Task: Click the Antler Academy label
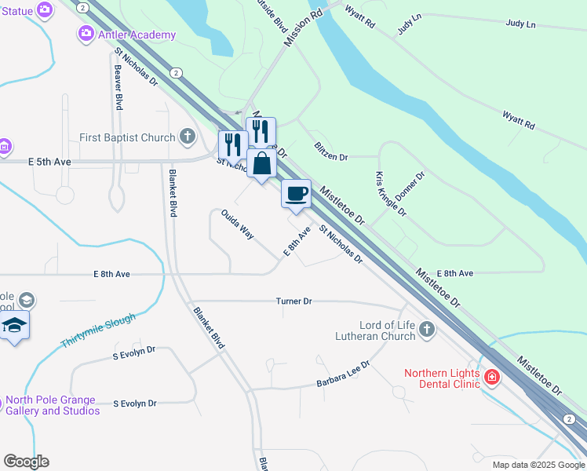pyautogui.click(x=137, y=34)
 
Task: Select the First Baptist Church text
pyautogui.click(x=127, y=137)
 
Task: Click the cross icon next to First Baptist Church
pyautogui.click(x=187, y=137)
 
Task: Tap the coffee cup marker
pyautogui.click(x=296, y=193)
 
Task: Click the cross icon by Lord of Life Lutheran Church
pyautogui.click(x=426, y=328)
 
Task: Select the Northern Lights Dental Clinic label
pyautogui.click(x=443, y=379)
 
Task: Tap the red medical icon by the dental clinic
pyautogui.click(x=492, y=377)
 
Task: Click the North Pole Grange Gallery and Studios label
pyautogui.click(x=53, y=405)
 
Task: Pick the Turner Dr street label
pyautogui.click(x=294, y=301)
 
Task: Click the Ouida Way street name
pyautogui.click(x=237, y=224)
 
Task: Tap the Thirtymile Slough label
pyautogui.click(x=97, y=332)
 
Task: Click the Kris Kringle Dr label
pyautogui.click(x=391, y=194)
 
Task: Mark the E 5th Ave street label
pyautogui.click(x=49, y=162)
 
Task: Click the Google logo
pyautogui.click(x=26, y=462)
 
